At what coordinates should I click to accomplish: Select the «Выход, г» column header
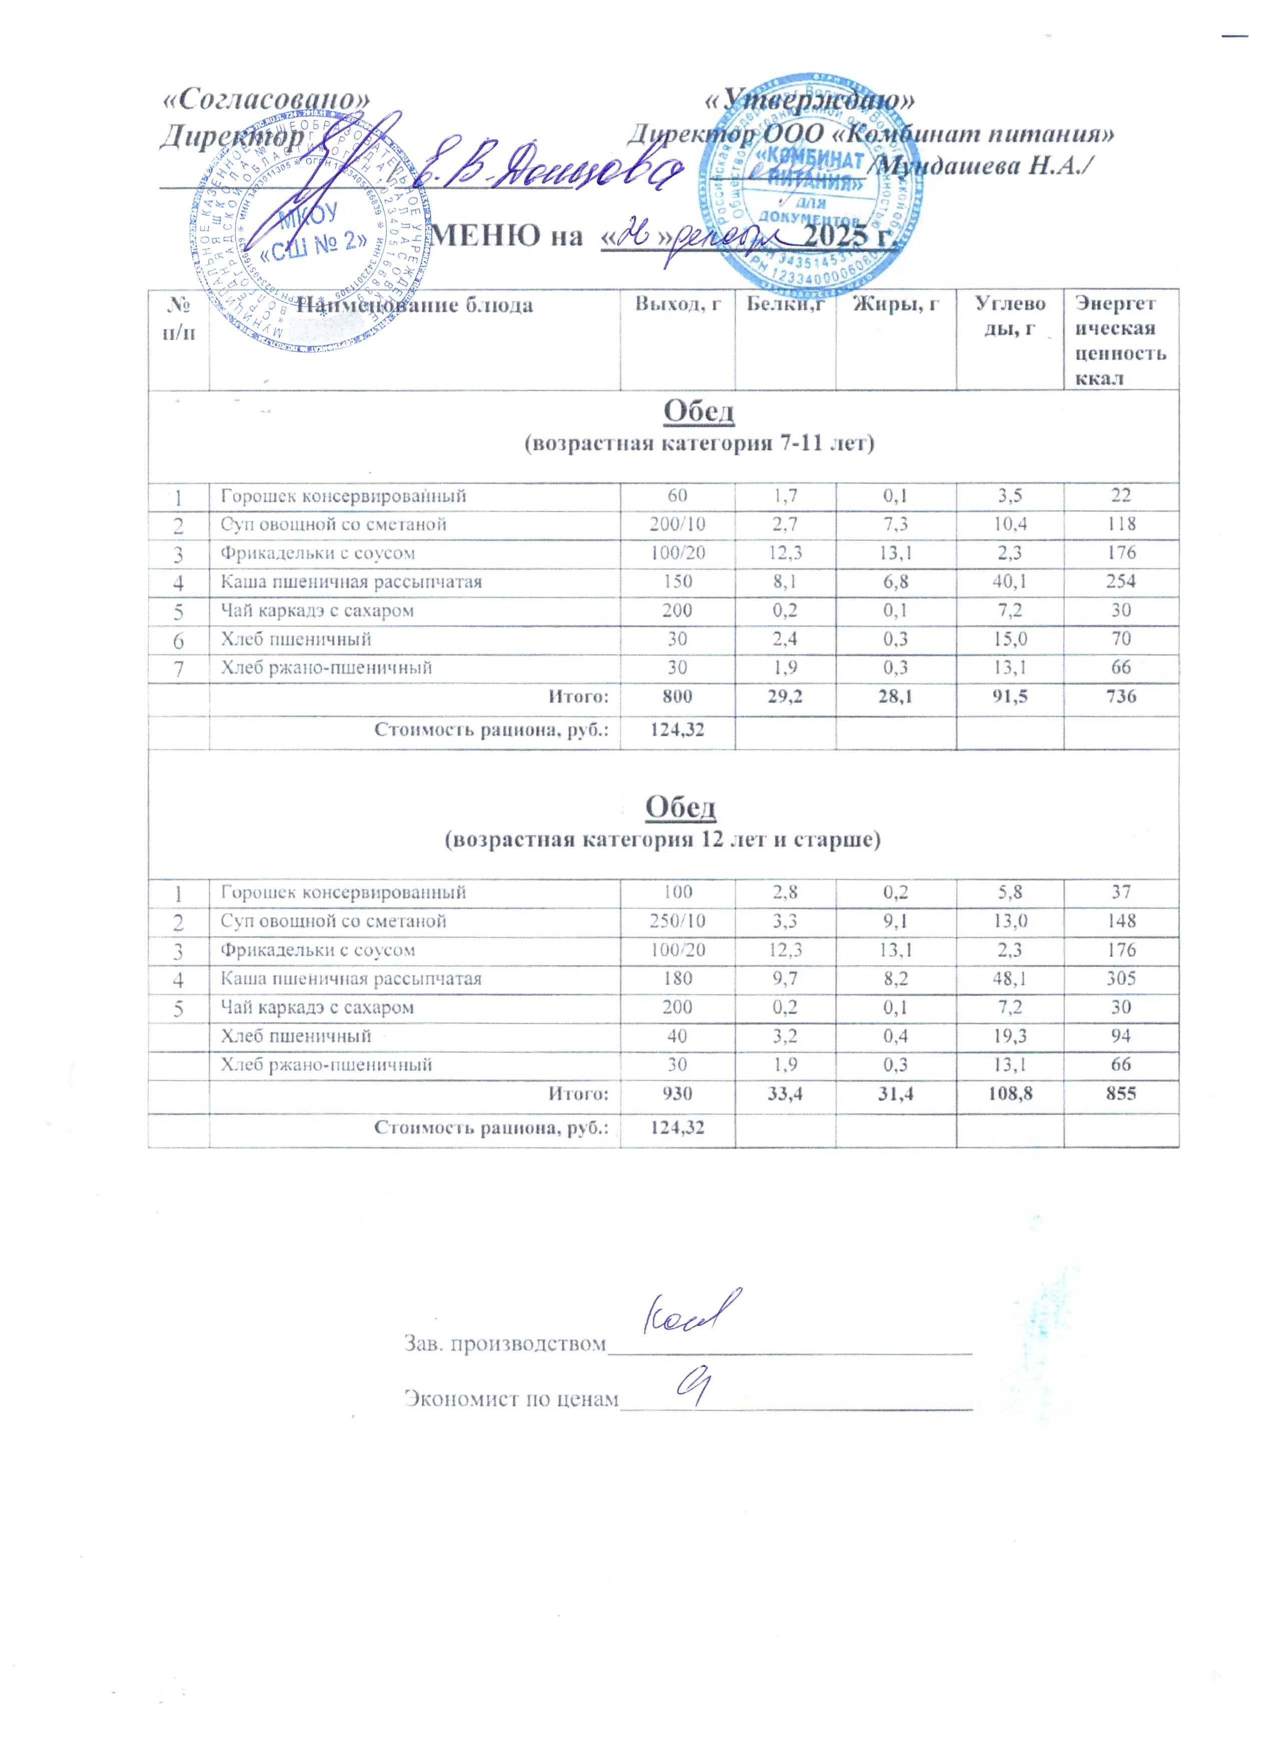678,304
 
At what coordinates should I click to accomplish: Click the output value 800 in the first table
678,696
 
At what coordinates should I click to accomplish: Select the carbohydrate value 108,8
1010,1093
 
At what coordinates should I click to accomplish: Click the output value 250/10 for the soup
678,921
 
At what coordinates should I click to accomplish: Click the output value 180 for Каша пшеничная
678,979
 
